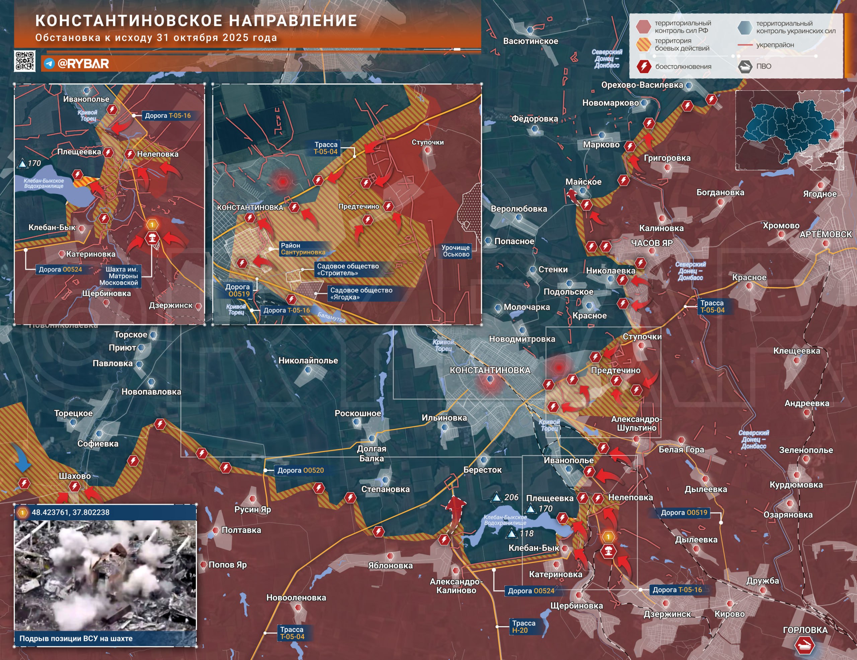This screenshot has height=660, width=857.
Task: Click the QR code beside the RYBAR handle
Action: point(25,61)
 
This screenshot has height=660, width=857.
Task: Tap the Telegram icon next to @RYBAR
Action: point(49,64)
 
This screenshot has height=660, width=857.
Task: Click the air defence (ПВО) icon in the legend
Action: point(745,66)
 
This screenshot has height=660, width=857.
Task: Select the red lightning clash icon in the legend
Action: point(643,66)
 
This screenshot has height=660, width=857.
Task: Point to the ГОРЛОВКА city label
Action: point(805,630)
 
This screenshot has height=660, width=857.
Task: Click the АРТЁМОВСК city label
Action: point(826,234)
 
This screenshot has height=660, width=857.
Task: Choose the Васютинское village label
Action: point(530,41)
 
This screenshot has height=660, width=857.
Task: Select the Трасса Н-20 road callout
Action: point(524,627)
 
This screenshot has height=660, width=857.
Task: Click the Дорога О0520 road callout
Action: point(301,470)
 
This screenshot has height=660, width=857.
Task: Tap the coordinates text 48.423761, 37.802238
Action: point(71,512)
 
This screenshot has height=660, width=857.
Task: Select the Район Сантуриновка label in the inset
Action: point(303,249)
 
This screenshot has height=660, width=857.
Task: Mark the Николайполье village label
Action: point(308,361)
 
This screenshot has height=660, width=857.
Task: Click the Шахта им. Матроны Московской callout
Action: point(121,276)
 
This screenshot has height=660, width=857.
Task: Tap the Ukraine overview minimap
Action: point(789,131)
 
